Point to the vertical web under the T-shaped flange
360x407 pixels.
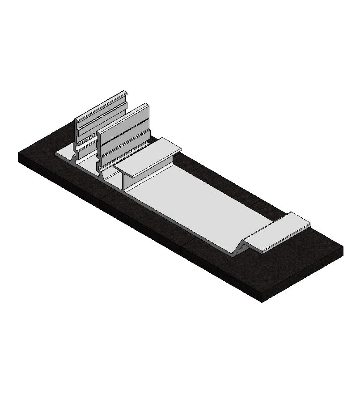(x=123, y=181)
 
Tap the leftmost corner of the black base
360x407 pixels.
(x=19, y=154)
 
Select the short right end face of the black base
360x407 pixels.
(x=304, y=275)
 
